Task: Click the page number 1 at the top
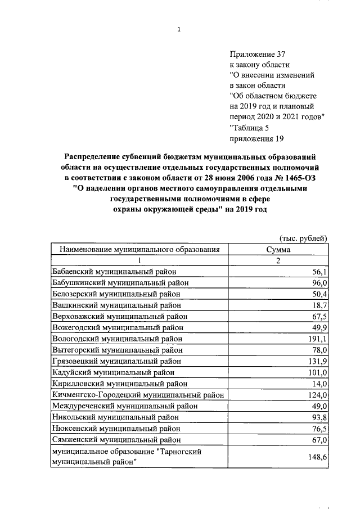pos(179,30)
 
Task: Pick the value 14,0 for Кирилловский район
pos(319,384)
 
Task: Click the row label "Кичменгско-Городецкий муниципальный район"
pos(138,395)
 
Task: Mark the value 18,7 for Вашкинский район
pos(319,305)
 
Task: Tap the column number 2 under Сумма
pos(278,260)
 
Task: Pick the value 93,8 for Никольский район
pos(319,418)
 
